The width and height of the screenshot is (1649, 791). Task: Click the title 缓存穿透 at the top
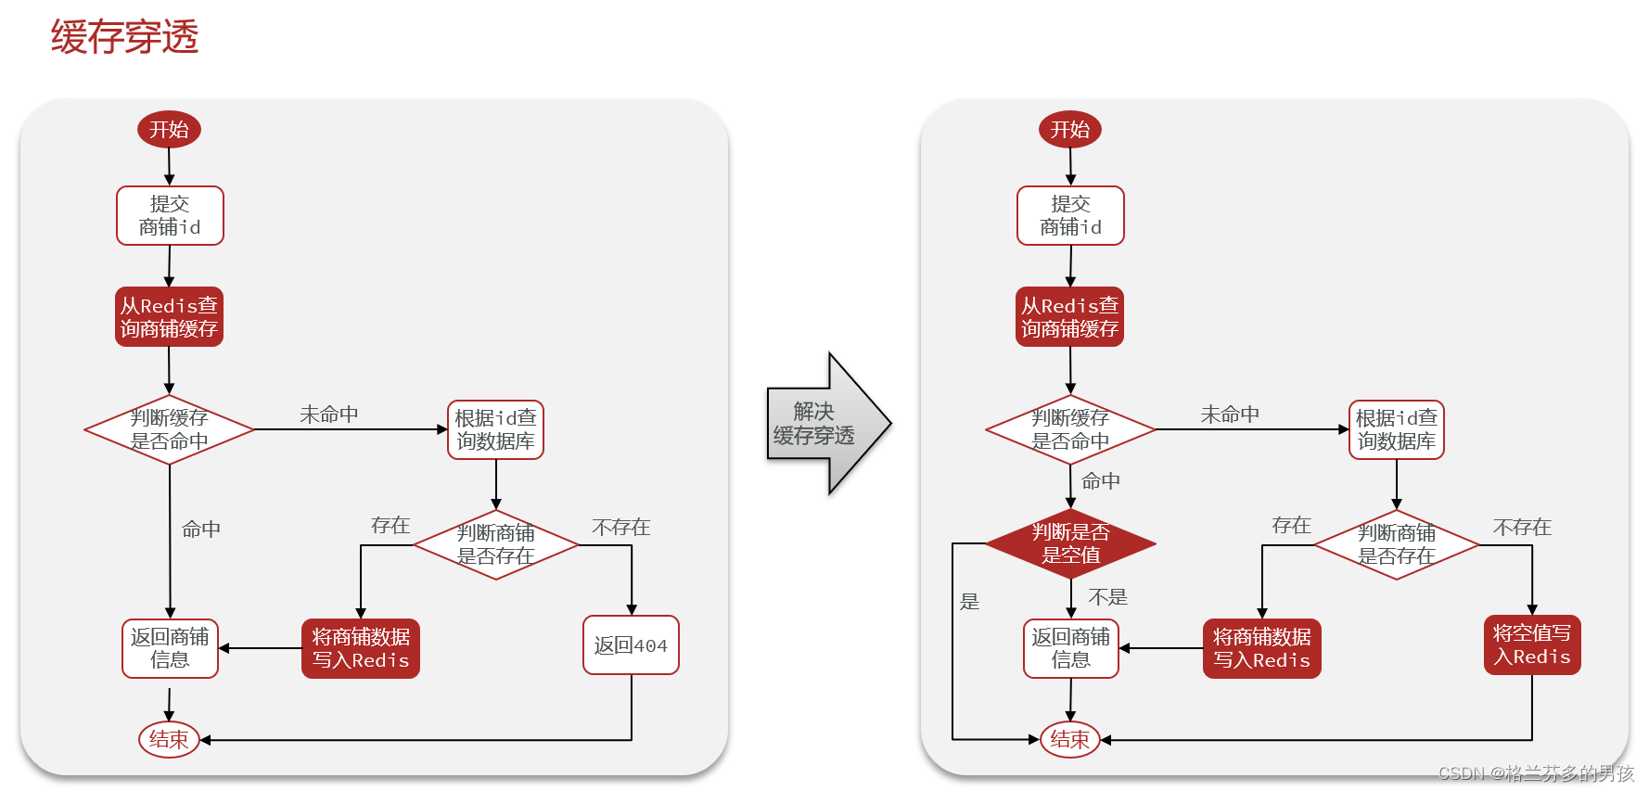coord(124,37)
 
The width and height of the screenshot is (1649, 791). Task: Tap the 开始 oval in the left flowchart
coord(169,129)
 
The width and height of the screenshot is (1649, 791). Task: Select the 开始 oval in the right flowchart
coord(1069,129)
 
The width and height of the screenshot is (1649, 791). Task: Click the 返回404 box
coord(631,645)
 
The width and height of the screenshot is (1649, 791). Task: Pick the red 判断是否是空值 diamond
coord(1070,543)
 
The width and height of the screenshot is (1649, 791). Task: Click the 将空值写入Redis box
coord(1531,644)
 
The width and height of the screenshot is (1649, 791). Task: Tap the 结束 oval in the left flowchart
coord(169,739)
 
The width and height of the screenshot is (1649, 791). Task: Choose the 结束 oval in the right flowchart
coord(1069,739)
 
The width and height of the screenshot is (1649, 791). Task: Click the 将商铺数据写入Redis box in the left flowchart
coord(360,648)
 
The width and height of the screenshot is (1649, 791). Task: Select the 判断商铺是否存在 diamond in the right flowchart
coord(1396,544)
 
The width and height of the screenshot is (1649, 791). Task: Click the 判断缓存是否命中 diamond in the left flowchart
coord(169,429)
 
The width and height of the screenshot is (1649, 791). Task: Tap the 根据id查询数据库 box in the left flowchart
coord(495,429)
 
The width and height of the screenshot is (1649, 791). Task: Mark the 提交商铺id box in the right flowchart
coord(1070,215)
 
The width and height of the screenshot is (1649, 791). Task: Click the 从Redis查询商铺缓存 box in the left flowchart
coord(169,316)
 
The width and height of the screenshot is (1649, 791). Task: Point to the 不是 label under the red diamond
coord(1107,597)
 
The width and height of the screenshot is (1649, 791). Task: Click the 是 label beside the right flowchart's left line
coord(969,602)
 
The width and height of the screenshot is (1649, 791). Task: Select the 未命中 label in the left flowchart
coord(329,415)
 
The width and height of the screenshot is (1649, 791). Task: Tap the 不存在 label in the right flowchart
coord(1522,528)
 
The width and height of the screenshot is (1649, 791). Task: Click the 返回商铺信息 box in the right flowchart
coord(1070,648)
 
